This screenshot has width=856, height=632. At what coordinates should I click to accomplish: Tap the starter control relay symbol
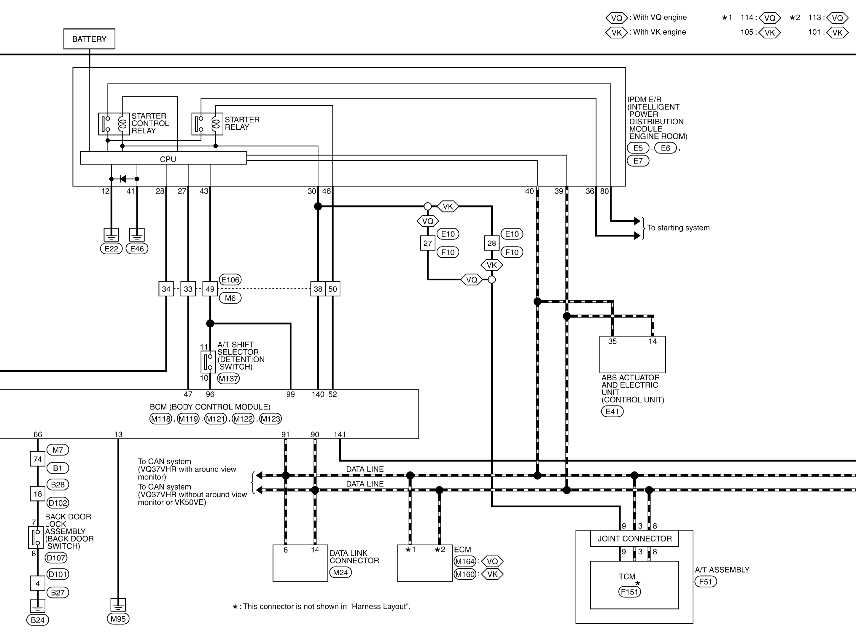(x=114, y=123)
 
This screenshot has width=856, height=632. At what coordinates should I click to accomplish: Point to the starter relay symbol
(x=207, y=123)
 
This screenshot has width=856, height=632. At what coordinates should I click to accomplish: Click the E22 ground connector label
(x=111, y=249)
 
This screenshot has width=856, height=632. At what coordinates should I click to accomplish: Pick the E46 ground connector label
(x=137, y=249)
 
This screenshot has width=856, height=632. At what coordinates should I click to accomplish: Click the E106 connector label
(x=230, y=280)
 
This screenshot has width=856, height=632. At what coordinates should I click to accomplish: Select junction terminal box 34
(x=166, y=289)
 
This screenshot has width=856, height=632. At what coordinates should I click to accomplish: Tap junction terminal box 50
(x=332, y=289)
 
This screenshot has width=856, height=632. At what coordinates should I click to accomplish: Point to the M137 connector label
(x=228, y=379)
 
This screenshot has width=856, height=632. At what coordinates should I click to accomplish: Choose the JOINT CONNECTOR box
(x=634, y=539)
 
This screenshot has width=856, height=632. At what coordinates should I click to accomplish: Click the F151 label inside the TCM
(x=629, y=592)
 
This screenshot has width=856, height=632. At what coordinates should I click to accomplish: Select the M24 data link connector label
(x=340, y=573)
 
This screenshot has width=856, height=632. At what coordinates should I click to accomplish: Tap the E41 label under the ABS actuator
(x=612, y=412)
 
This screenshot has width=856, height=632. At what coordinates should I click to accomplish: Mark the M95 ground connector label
(x=118, y=619)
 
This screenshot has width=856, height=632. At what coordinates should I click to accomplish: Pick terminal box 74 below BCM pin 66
(x=37, y=459)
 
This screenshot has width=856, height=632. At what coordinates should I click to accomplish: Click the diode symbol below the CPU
(x=123, y=179)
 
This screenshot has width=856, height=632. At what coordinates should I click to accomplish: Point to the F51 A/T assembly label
(x=705, y=582)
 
